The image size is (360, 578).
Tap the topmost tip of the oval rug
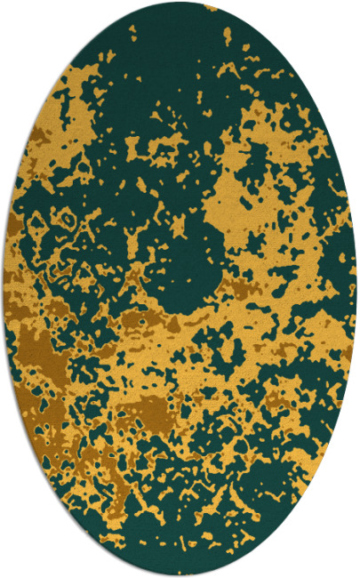click(x=180, y=3)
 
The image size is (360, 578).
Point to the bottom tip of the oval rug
click(x=180, y=574)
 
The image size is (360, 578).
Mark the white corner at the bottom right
click(x=352, y=570)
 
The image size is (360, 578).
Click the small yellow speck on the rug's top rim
click(x=210, y=8)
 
